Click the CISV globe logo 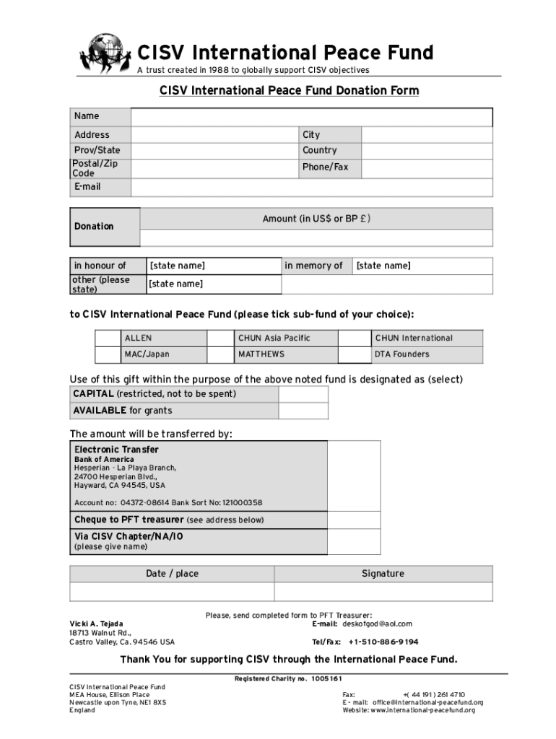[x=106, y=53]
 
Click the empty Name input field [x=311, y=117]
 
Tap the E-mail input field [x=311, y=187]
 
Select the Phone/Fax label [x=325, y=167]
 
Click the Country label [x=319, y=150]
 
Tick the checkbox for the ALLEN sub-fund [x=108, y=338]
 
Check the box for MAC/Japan [x=108, y=354]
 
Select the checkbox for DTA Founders [x=355, y=354]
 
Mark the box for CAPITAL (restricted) [x=303, y=394]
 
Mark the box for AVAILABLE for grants [x=303, y=411]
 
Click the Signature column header [x=383, y=574]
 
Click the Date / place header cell [x=172, y=574]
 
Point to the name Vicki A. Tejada [x=96, y=624]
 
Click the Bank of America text [x=104, y=459]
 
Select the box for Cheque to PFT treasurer [x=354, y=520]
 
